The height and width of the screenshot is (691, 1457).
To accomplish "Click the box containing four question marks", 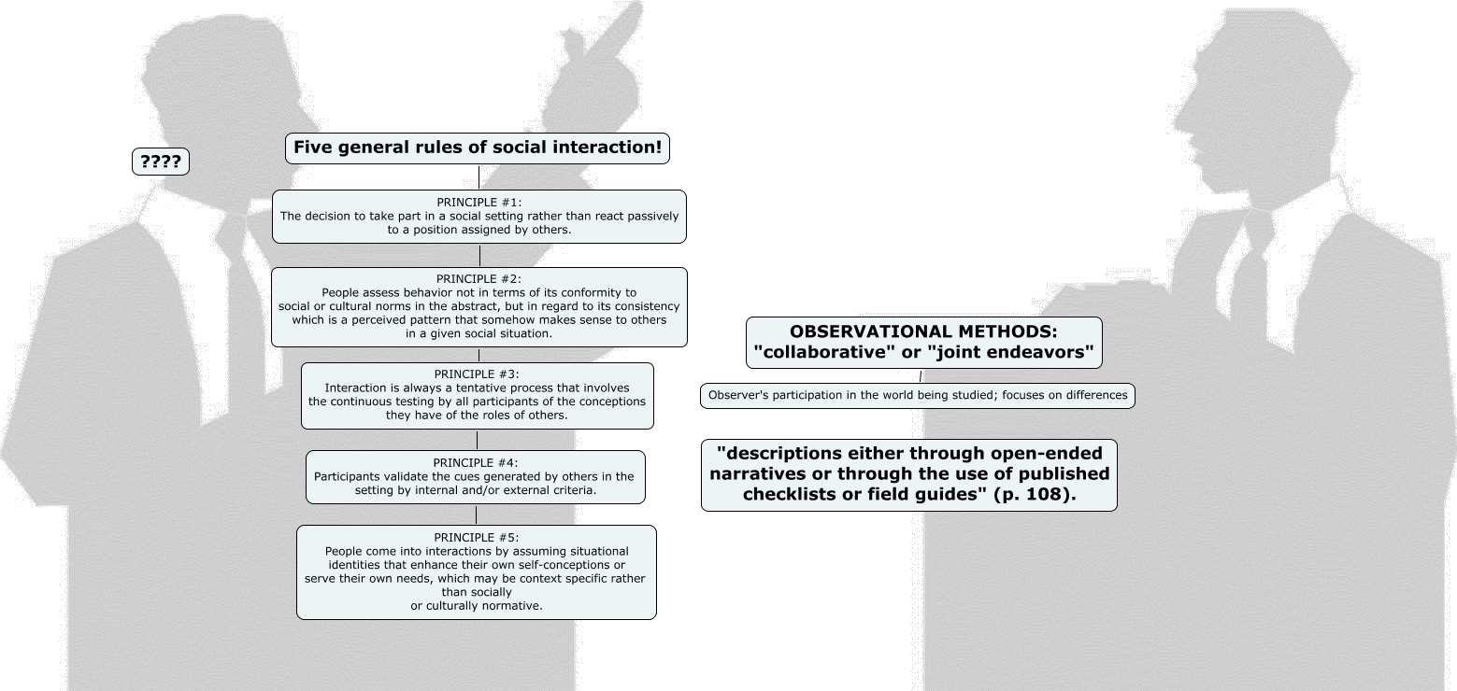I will coord(161,162).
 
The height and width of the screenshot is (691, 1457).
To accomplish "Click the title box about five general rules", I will coord(478,148).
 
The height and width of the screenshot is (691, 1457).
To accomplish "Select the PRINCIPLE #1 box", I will coord(479,217).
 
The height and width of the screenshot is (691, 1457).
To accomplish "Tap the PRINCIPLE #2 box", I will coord(479,307).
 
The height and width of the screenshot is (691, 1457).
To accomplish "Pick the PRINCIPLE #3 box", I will coord(478,396).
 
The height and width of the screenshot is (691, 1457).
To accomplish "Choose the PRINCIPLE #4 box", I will coord(475,477).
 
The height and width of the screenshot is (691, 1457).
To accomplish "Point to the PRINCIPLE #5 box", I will coord(476,571).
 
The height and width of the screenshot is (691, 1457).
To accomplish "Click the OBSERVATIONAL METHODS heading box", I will coord(923,343).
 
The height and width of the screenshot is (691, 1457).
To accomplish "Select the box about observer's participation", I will coord(917,396).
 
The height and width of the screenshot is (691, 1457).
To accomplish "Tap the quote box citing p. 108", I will coord(908,475).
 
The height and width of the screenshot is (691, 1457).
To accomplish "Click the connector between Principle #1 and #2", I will coord(479,255).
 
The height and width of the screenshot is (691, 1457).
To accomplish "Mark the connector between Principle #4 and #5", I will coord(476,515).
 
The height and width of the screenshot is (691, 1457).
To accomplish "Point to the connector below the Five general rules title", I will coord(479,176).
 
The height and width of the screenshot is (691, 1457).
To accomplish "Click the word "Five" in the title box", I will coord(313,148).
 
